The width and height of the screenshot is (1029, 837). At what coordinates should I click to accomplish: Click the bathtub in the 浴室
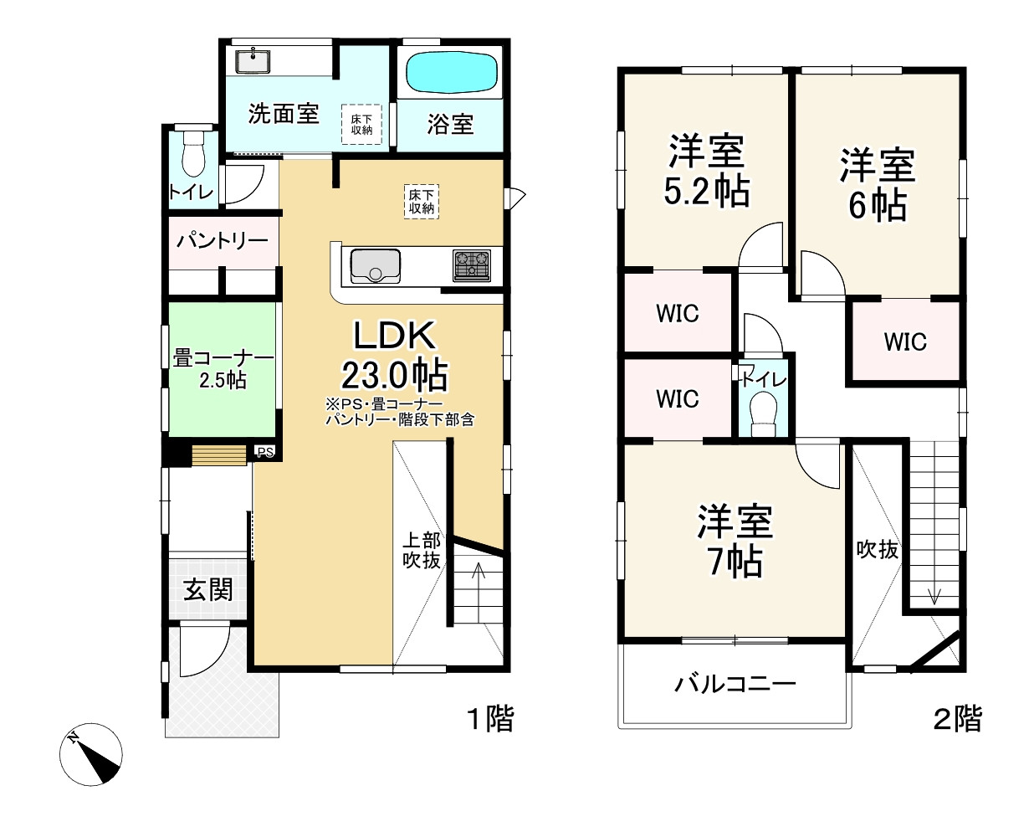click(452, 73)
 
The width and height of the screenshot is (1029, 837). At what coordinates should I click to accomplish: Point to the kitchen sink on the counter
click(374, 265)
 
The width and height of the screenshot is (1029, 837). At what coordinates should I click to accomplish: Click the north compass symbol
click(92, 753)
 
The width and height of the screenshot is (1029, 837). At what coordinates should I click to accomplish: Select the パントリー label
click(222, 241)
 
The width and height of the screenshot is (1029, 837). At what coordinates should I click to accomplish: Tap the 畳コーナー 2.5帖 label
click(223, 368)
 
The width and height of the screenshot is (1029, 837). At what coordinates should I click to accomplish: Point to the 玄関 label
click(207, 591)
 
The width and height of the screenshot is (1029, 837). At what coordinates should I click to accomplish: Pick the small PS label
click(265, 452)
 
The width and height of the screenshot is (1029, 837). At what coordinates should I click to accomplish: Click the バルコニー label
click(735, 684)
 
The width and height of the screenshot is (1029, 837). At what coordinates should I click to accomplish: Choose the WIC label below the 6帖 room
click(906, 341)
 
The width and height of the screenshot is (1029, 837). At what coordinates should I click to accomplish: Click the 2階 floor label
click(957, 718)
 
